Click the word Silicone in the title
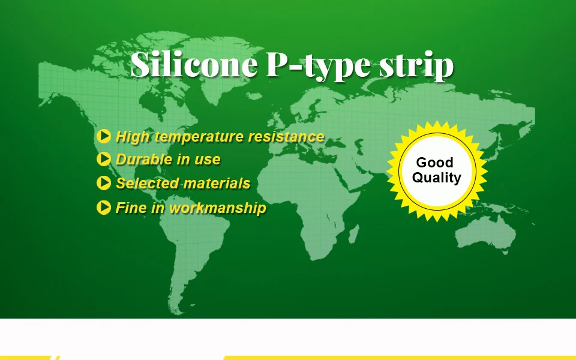click(x=194, y=64)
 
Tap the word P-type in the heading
click(x=319, y=65)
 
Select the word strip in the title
click(x=416, y=66)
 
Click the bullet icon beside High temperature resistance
click(x=104, y=136)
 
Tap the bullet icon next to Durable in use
click(x=104, y=159)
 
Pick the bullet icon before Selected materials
click(x=104, y=183)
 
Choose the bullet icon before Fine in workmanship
click(x=104, y=208)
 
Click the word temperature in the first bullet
click(x=199, y=137)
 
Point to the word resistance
click(x=286, y=136)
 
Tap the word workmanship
click(x=217, y=208)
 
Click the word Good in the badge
click(x=434, y=163)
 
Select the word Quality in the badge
click(x=436, y=178)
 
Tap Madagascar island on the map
click(x=353, y=234)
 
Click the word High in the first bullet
click(x=133, y=137)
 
